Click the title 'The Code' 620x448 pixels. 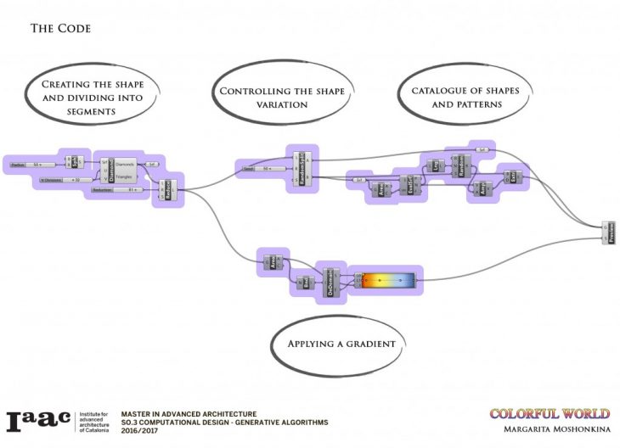tap(60, 29)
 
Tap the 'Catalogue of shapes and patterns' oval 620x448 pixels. tap(455, 98)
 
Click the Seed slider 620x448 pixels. tap(258, 169)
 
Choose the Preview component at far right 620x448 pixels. tap(610, 232)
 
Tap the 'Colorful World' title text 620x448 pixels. tap(550, 414)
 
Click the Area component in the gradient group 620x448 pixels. tap(274, 265)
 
